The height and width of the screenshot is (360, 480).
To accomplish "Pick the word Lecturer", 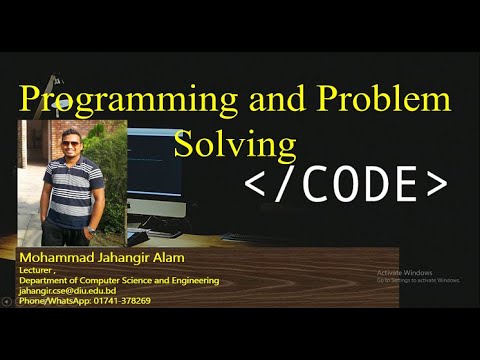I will tap(36, 271).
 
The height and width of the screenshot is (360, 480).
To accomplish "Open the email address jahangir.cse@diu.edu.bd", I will tap(68, 291).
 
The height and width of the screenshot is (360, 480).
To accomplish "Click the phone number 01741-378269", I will tap(119, 301).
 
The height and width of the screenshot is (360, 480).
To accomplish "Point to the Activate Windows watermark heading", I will tap(404, 272).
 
